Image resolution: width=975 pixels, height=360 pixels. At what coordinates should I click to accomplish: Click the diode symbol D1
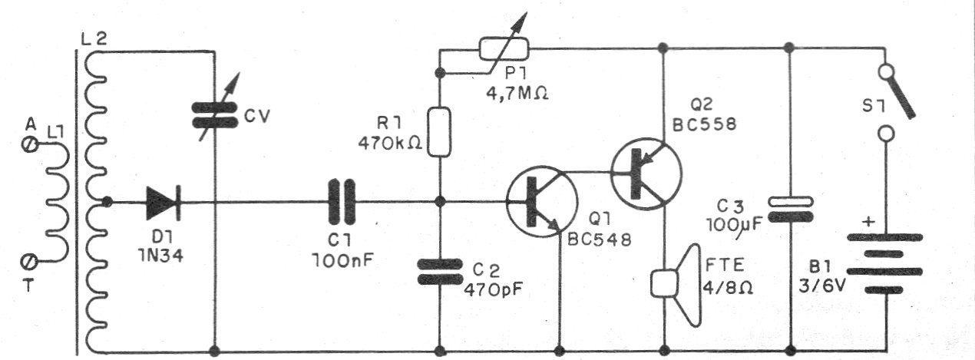[x=162, y=203]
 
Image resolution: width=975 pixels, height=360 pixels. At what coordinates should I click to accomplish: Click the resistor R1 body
[x=438, y=132]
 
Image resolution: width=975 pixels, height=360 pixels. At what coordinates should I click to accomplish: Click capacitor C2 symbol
[x=438, y=272]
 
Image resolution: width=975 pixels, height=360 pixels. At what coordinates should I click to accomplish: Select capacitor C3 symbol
[x=790, y=209]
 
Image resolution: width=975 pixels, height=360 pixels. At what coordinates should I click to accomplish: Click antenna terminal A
[x=31, y=143]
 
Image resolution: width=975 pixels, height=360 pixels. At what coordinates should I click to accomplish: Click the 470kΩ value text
[x=391, y=144]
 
